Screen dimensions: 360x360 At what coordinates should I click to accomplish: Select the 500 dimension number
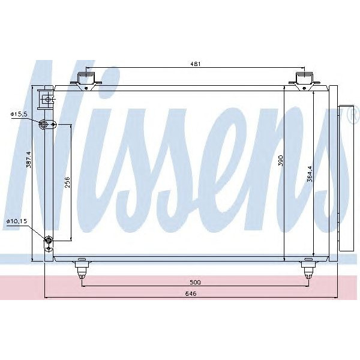coord(194,281)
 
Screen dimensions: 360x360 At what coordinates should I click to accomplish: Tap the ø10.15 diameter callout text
coord(16,222)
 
